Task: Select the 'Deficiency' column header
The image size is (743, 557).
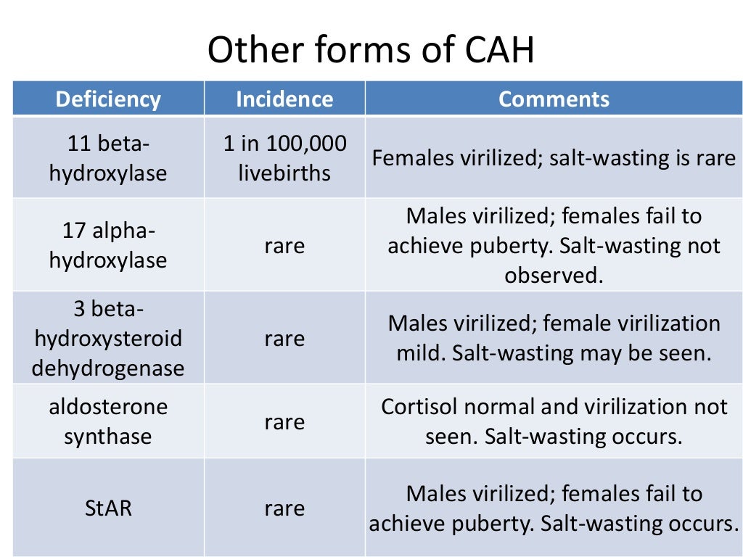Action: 108,99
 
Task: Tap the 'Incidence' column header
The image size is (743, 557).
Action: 284,99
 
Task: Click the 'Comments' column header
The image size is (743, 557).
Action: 554,99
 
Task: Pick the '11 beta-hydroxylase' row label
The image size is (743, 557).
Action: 108,158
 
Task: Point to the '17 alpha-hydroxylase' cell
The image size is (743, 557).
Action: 108,246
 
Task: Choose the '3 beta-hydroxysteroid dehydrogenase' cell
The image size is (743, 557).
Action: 108,339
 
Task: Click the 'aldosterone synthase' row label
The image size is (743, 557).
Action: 108,421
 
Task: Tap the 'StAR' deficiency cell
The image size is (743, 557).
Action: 108,508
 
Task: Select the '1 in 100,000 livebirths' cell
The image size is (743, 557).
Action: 284,158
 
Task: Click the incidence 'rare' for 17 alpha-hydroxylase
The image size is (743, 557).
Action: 284,246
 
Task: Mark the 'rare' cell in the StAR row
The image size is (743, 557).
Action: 284,508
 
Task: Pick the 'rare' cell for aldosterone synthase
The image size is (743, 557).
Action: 284,421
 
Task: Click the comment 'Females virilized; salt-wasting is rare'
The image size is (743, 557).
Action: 554,158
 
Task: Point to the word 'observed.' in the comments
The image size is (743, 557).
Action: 554,276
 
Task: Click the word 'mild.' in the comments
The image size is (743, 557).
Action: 421,354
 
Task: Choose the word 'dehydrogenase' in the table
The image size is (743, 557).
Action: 108,368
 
